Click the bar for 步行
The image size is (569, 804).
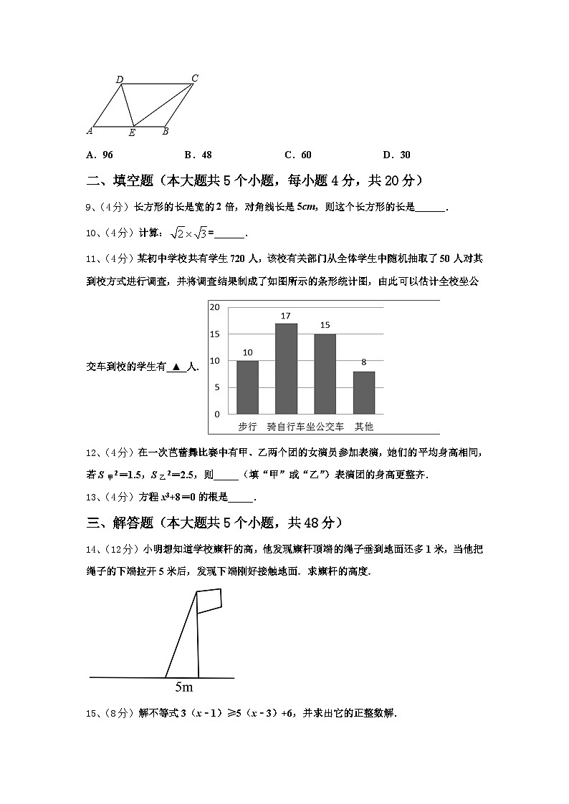click(x=247, y=387)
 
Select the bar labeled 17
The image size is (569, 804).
click(x=286, y=368)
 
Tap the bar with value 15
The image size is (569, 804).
click(x=325, y=374)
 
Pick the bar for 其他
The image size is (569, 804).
click(x=363, y=392)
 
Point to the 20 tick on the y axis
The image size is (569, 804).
click(x=214, y=307)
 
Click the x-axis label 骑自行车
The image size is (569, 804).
click(x=285, y=427)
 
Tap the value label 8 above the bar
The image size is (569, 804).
click(x=364, y=362)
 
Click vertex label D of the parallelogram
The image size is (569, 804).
click(x=119, y=79)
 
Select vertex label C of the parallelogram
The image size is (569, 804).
click(x=194, y=78)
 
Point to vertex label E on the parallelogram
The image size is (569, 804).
click(x=132, y=133)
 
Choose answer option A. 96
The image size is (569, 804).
click(x=99, y=155)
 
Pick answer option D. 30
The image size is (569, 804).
click(x=396, y=155)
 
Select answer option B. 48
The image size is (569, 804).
click(x=198, y=155)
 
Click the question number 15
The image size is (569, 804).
click(x=92, y=713)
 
